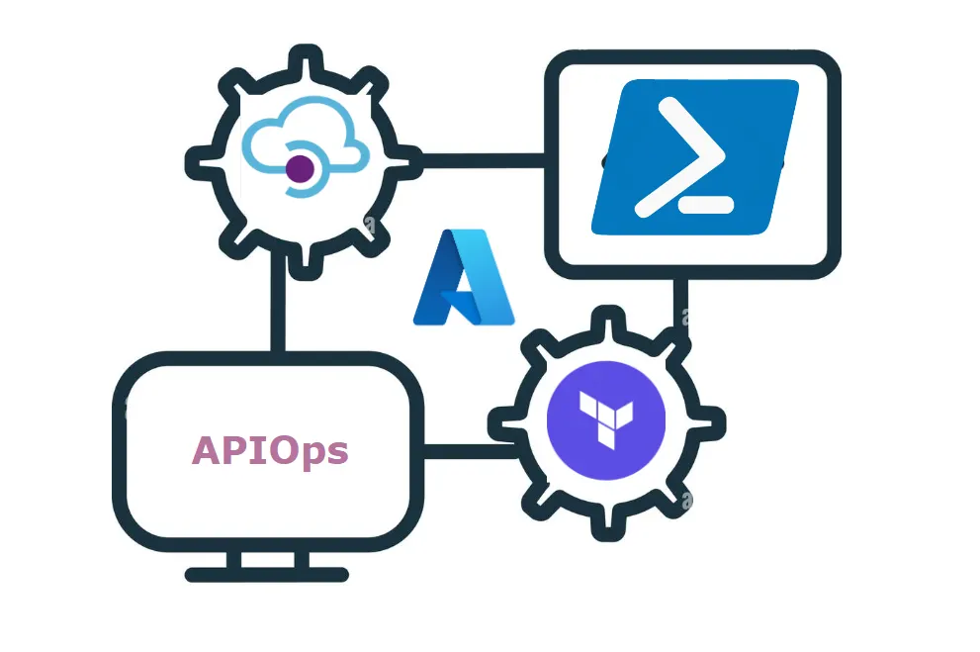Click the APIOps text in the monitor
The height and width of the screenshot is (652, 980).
[x=270, y=451]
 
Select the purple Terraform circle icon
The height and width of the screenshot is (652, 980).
[x=607, y=420]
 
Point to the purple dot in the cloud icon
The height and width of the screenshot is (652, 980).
[x=300, y=169]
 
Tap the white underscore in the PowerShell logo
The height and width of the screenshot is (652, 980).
[x=707, y=205]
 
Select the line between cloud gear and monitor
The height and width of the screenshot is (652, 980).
[x=278, y=307]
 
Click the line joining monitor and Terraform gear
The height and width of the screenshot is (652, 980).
[x=465, y=452]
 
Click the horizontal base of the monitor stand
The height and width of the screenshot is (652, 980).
[x=267, y=574]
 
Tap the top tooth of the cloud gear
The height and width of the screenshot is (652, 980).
[x=301, y=57]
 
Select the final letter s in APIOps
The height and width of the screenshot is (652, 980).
[x=337, y=453]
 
